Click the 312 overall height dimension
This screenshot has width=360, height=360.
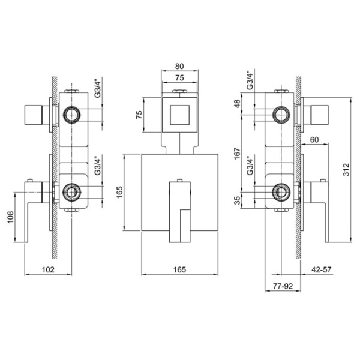coord(346,169)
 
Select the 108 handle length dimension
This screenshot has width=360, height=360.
coord(11,217)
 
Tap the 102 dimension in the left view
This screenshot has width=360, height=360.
coord(48,269)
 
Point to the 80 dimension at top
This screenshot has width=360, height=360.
coord(179,66)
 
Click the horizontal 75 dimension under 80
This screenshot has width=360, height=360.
coord(179,77)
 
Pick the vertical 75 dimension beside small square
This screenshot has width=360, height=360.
coord(139,115)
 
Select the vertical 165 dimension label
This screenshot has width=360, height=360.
coord(120,192)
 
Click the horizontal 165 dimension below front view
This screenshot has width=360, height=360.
coord(179,269)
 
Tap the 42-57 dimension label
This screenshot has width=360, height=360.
coord(322,269)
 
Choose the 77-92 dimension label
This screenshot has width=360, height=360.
coord(283,286)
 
